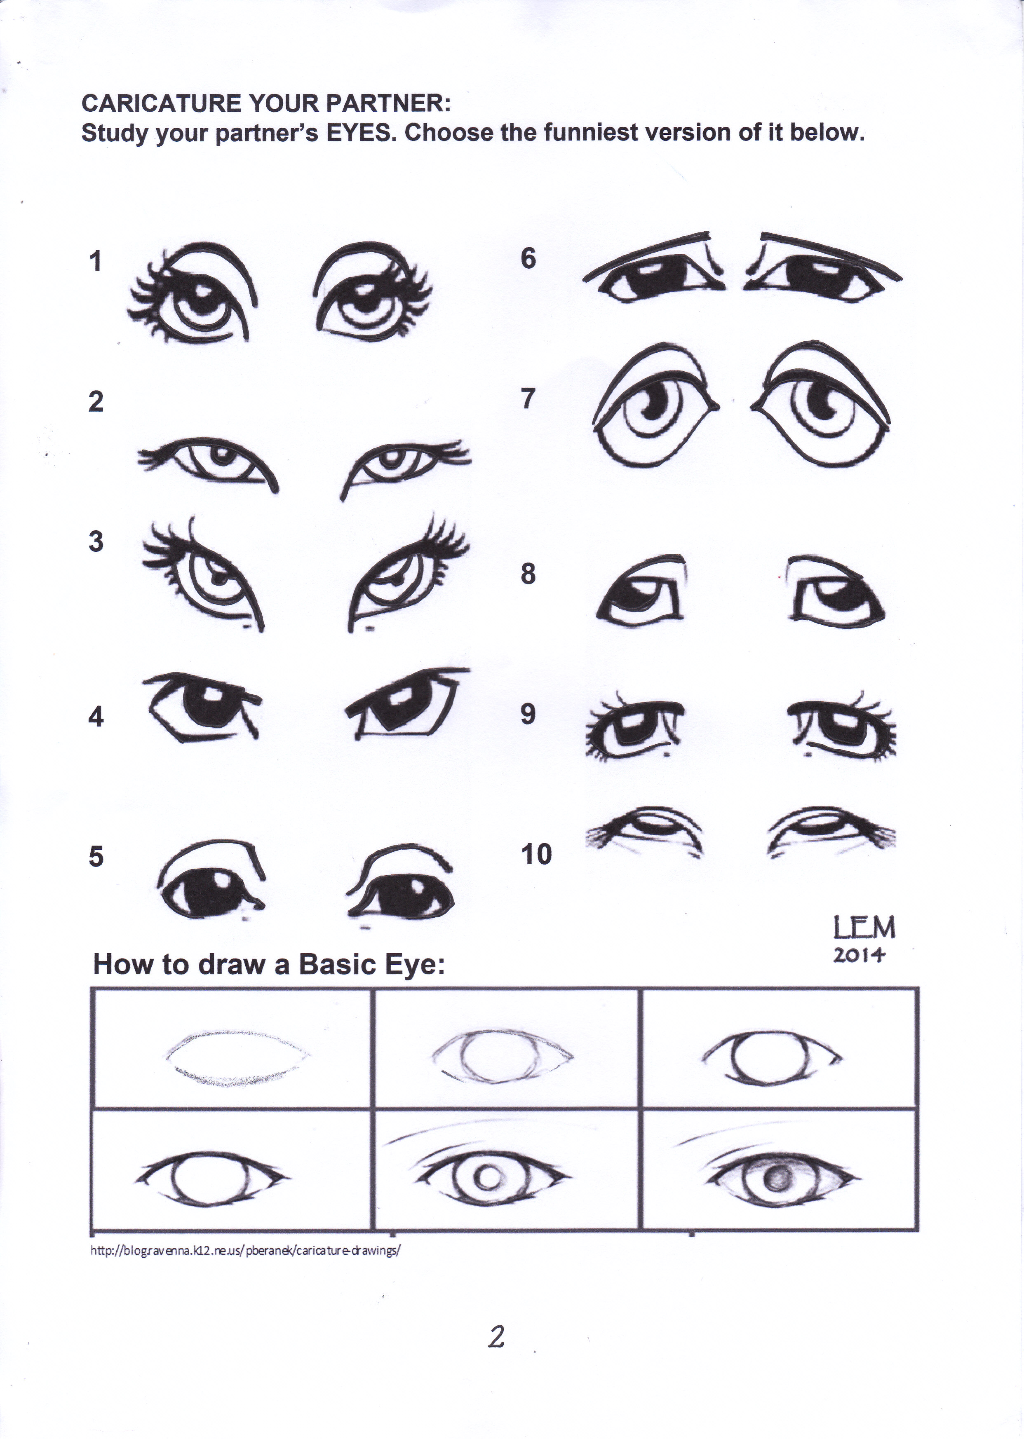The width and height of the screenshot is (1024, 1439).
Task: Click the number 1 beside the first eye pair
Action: tap(95, 262)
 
